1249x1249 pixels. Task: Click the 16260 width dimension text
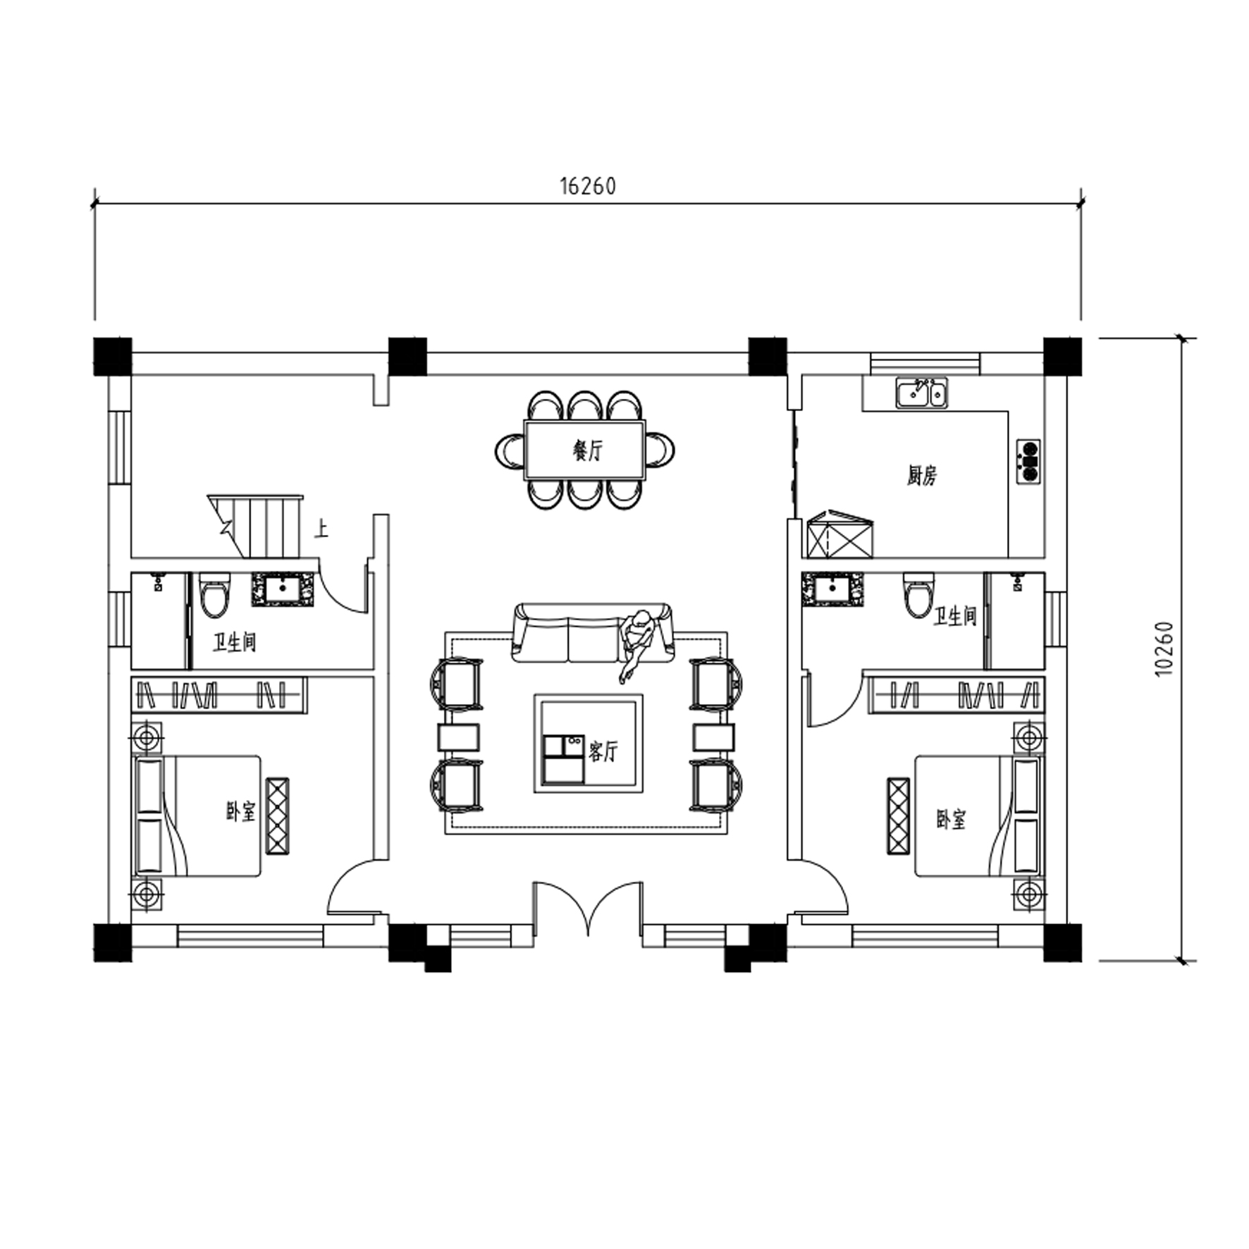[588, 186]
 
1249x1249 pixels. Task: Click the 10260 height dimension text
[1164, 648]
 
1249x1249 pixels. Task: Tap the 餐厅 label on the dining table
[587, 450]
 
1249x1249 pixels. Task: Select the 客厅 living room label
[603, 751]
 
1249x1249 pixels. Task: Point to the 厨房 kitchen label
[921, 476]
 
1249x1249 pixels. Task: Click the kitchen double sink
[921, 393]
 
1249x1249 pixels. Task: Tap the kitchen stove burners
[1028, 461]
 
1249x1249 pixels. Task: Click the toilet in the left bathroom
[214, 594]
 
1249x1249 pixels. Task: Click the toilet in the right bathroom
[918, 594]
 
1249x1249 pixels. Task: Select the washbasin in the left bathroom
[283, 589]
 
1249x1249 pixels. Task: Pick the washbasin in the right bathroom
[832, 589]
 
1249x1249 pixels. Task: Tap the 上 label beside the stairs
[321, 529]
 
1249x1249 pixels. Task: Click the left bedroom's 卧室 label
[240, 812]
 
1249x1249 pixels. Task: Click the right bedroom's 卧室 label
[951, 819]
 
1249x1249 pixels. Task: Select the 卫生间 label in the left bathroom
[234, 642]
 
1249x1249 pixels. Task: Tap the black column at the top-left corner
[113, 357]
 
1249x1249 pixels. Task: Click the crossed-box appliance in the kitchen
[839, 534]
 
